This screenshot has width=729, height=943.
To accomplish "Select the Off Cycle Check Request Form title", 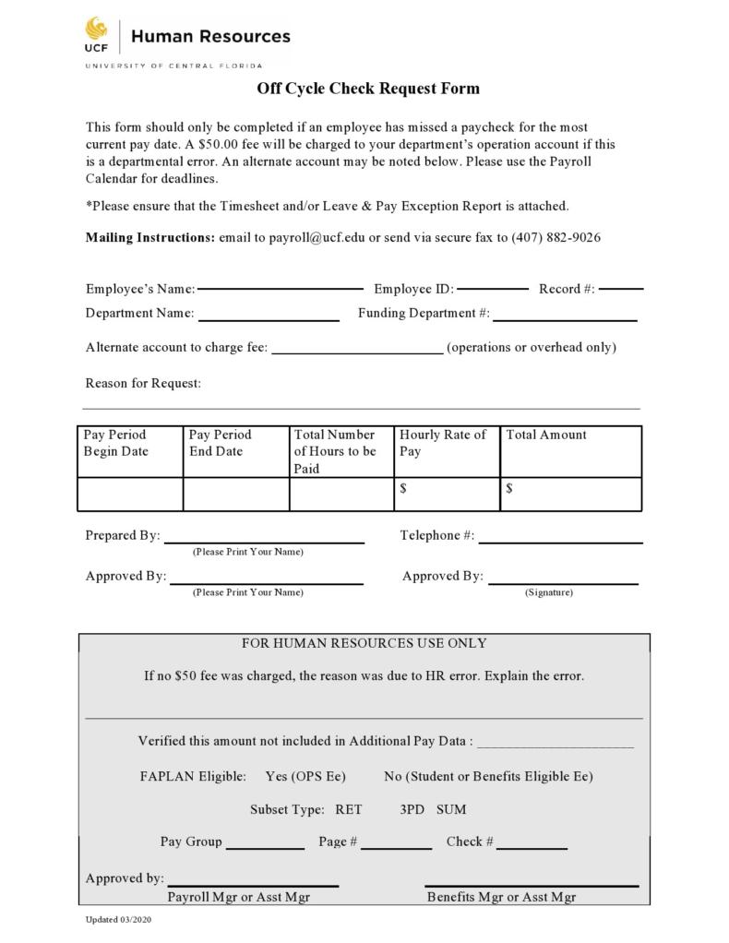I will click(x=367, y=89).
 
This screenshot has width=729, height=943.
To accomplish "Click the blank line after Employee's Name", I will click(x=280, y=288).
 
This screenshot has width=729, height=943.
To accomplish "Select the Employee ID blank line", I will click(x=493, y=288).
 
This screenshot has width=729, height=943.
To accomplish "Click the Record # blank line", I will click(x=620, y=288).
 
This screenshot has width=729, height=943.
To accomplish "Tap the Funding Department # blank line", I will click(x=565, y=319).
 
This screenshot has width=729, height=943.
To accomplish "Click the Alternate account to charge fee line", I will click(x=357, y=352).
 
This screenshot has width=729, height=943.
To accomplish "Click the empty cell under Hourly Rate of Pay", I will click(x=447, y=495).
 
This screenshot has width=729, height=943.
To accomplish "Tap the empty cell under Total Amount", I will click(x=570, y=495).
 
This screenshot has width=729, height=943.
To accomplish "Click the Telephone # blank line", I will click(x=560, y=542).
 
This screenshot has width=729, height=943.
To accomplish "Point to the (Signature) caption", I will click(x=548, y=592).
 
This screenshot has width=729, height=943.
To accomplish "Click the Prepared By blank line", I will click(x=264, y=542).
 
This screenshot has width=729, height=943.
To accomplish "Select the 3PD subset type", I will click(x=412, y=809).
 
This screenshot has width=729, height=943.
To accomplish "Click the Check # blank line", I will click(x=532, y=847).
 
